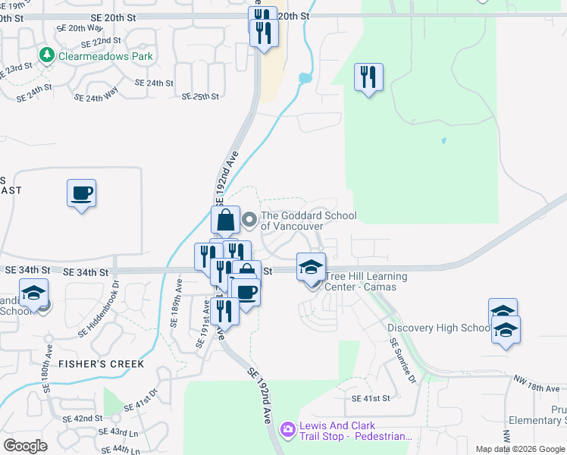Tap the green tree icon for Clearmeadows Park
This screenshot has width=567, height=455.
pos(47,55)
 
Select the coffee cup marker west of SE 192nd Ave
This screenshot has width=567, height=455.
pos(81,193)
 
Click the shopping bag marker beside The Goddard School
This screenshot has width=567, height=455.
pos(226,221)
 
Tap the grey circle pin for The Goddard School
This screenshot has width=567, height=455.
pos(250,221)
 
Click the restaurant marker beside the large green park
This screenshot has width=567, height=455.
pos(368,77)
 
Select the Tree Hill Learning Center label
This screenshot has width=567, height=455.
pos(366,281)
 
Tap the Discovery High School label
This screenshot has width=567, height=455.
pos(439,328)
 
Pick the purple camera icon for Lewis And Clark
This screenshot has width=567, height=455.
pos(287,430)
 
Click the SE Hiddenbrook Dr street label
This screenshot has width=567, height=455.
pos(99,309)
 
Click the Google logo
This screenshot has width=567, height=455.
pos(26,446)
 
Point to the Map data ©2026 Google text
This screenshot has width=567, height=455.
pos(519,449)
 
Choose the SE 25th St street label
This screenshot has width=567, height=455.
pos(200,96)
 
